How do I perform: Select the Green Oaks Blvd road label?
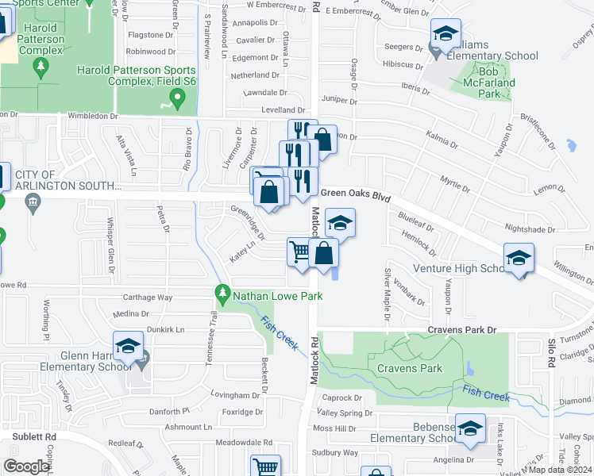coord(355,193)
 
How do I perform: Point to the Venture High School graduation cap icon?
coord(519,258)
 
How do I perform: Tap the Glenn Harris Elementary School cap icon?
coord(128,346)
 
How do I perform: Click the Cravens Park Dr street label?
coord(461,329)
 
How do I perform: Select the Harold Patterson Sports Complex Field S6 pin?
coord(178,100)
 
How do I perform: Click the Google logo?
coord(26,466)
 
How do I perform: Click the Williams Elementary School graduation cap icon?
coord(445,33)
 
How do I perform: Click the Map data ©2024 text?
coord(561,470)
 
